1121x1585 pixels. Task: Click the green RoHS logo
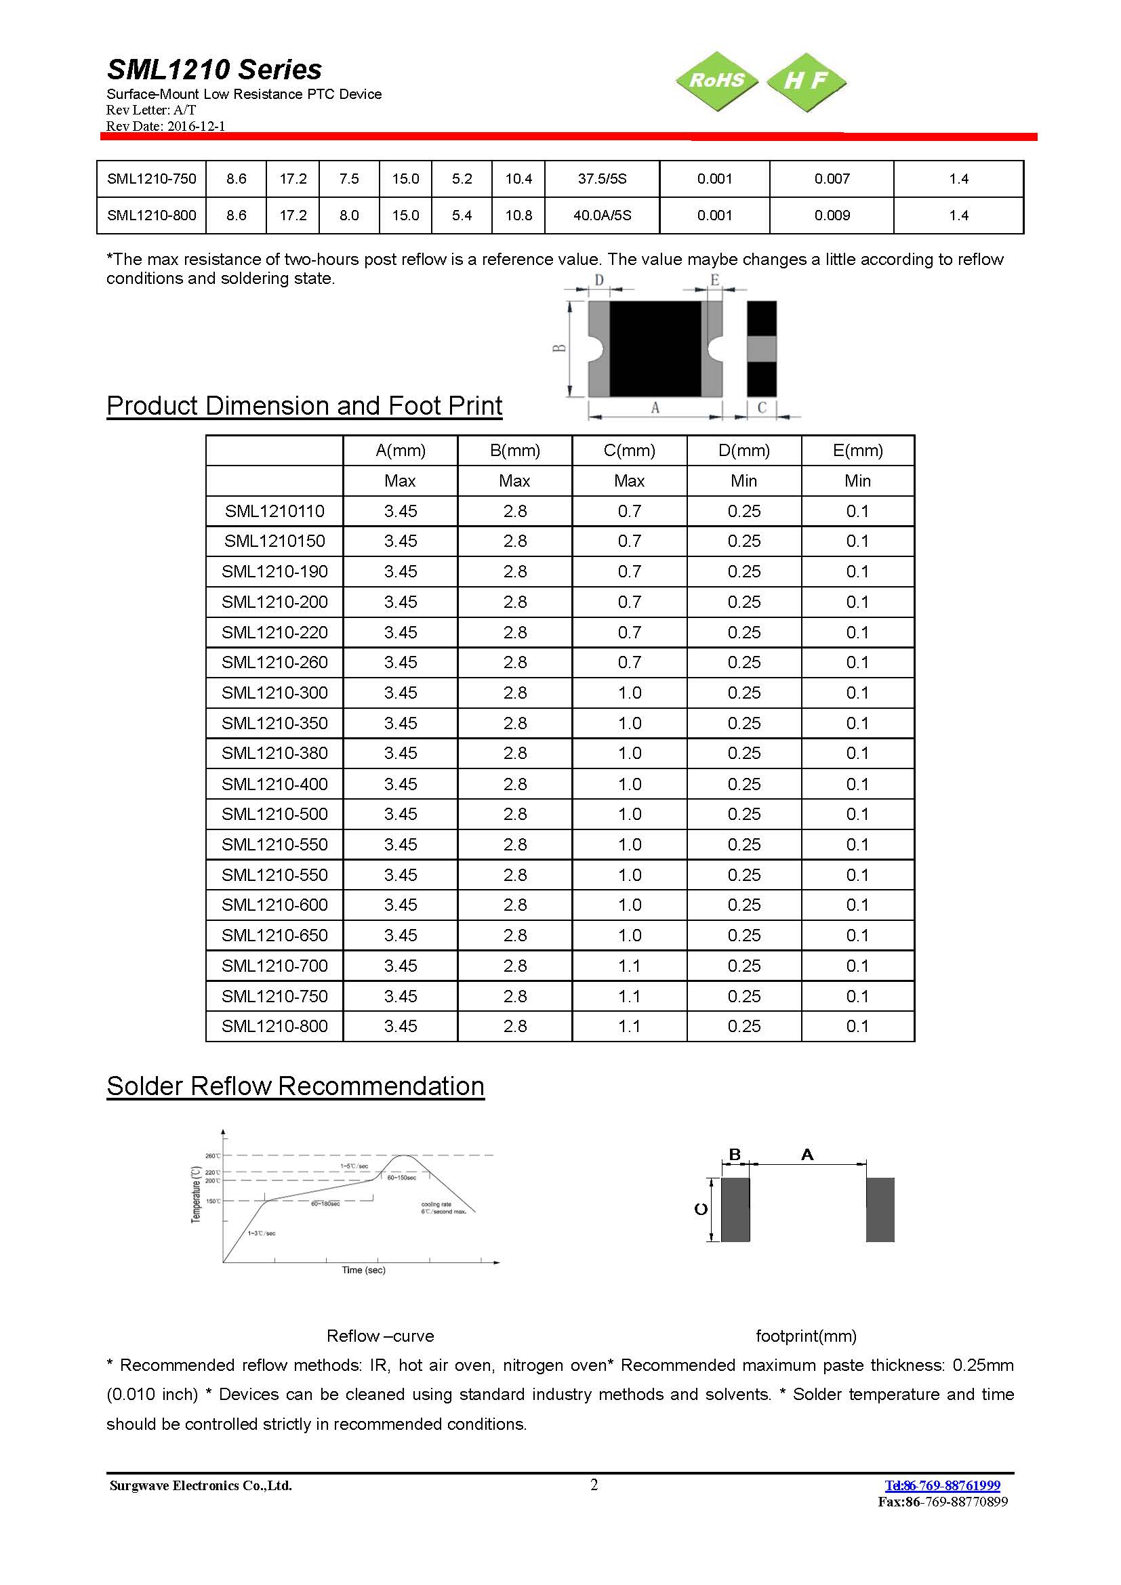716,81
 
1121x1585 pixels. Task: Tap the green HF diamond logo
806,81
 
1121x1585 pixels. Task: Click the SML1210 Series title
214,70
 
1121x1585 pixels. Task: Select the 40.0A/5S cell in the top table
602,215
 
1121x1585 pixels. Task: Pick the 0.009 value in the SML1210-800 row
832,215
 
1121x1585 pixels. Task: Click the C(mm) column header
629,451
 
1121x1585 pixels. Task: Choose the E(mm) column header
857,451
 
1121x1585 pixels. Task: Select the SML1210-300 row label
274,693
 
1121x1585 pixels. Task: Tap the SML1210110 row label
274,512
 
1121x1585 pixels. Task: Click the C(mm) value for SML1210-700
629,966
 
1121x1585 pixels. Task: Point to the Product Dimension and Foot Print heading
304,406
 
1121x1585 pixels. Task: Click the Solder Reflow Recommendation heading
295,1086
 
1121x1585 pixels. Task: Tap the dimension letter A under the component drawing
655,408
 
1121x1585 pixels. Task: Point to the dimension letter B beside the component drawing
560,348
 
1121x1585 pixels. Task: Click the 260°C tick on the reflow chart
213,1155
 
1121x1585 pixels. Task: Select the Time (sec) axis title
363,1270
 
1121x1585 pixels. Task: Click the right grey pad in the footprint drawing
880,1210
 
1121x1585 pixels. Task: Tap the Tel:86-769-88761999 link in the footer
941,1485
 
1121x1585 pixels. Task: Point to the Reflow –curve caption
380,1336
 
